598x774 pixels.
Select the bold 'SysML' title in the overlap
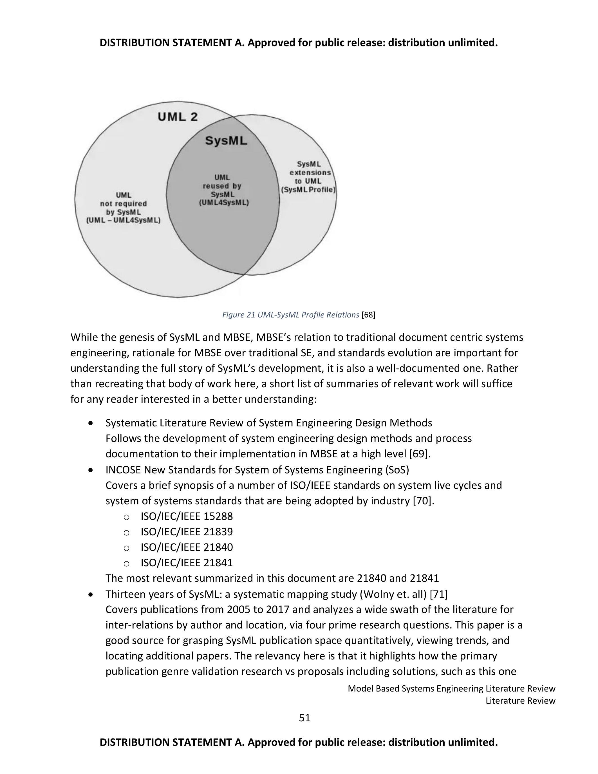click(226, 141)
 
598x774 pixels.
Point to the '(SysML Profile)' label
click(308, 190)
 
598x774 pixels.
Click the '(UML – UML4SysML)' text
click(123, 220)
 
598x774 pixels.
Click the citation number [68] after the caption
click(368, 315)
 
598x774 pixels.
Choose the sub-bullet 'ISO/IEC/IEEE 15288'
click(187, 516)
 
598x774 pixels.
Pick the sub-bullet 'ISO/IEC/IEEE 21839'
click(187, 532)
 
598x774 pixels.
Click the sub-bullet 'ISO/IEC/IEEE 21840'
click(187, 547)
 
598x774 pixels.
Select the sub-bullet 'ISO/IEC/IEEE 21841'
click(187, 563)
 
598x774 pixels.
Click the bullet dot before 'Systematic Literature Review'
click(91, 423)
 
